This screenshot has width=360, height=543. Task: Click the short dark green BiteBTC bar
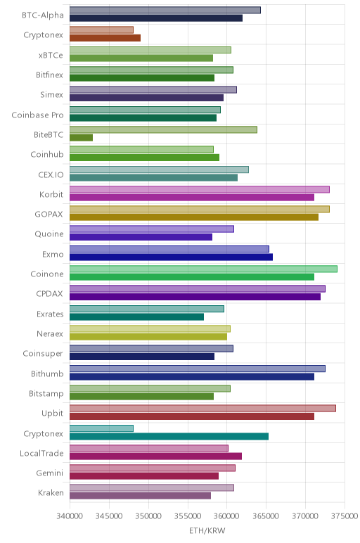pyautogui.click(x=81, y=138)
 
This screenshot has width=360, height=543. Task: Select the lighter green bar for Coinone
pyautogui.click(x=203, y=269)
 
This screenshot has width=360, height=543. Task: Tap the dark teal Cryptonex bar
pyautogui.click(x=169, y=436)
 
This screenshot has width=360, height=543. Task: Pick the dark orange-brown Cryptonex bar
pyautogui.click(x=105, y=38)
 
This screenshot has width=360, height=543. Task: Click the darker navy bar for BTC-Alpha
pyautogui.click(x=156, y=18)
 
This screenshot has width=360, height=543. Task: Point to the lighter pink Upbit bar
pyautogui.click(x=202, y=408)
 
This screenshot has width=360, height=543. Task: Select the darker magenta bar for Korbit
pyautogui.click(x=192, y=198)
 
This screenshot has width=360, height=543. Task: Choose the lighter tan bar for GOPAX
pyautogui.click(x=200, y=209)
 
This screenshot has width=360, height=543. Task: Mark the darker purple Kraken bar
pyautogui.click(x=140, y=496)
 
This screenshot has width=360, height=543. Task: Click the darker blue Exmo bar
pyautogui.click(x=171, y=257)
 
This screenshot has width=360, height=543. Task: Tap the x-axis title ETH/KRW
pyautogui.click(x=207, y=530)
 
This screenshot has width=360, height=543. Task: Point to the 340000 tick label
pyautogui.click(x=70, y=516)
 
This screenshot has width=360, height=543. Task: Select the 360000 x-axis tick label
pyautogui.click(x=226, y=516)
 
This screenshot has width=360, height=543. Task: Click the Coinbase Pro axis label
pyautogui.click(x=37, y=115)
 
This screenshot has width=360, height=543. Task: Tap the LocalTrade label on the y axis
pyautogui.click(x=41, y=453)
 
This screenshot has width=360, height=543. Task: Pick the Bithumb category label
pyautogui.click(x=47, y=374)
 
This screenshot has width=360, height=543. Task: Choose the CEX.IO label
pyautogui.click(x=51, y=175)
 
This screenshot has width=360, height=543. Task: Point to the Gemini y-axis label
pyautogui.click(x=49, y=473)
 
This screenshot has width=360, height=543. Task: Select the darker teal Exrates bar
pyautogui.click(x=136, y=317)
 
